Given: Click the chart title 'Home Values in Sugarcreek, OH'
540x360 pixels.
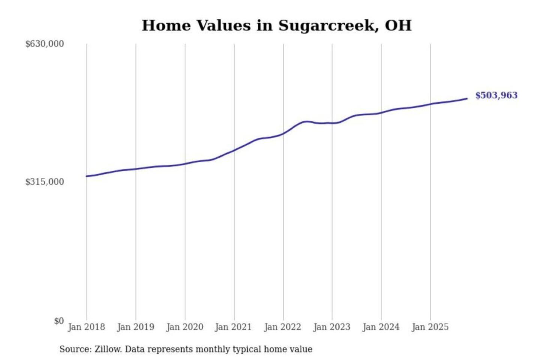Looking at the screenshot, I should click(276, 25).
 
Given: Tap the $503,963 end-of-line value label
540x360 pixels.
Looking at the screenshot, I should click(496, 95).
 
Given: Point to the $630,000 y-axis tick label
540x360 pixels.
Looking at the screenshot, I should click(45, 44).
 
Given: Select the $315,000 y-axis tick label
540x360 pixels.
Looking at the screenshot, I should click(45, 182).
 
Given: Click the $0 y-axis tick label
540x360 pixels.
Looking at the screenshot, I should click(58, 321).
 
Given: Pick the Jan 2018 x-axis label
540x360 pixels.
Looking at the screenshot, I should click(86, 327).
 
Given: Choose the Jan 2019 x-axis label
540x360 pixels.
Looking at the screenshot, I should click(135, 327).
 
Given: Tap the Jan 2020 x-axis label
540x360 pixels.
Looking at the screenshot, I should click(184, 327).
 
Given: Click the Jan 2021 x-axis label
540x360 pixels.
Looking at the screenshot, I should click(233, 327).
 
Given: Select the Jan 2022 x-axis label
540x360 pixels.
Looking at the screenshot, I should click(282, 327).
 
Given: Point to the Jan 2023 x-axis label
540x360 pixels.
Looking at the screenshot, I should click(331, 327).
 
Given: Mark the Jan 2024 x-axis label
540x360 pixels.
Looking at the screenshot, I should click(381, 327).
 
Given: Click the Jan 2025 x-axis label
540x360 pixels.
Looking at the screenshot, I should click(430, 327).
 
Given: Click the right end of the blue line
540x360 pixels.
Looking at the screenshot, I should click(467, 99).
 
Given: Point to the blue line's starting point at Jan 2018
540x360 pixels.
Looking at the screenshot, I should click(87, 176).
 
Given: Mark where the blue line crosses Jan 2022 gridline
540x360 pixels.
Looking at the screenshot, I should click(283, 133).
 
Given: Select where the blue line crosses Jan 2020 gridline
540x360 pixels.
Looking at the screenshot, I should click(185, 163).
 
